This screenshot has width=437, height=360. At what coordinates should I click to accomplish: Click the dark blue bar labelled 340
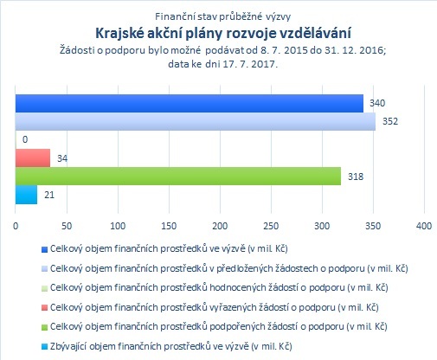tap(190, 103)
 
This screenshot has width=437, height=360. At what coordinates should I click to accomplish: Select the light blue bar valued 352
tap(196, 121)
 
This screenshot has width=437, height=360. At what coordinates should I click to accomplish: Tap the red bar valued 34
tap(33, 158)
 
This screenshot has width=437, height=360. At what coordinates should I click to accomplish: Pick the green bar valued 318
tap(178, 177)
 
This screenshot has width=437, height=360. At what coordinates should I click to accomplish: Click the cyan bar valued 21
tap(26, 195)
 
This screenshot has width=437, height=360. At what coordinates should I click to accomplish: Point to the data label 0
tap(25, 139)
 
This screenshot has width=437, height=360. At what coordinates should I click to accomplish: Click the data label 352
tap(390, 121)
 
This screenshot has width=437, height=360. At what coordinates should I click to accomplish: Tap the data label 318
tap(356, 177)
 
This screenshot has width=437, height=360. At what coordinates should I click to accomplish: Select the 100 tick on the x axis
tap(118, 226)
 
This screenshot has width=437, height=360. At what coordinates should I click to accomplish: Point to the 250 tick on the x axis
tap(271, 226)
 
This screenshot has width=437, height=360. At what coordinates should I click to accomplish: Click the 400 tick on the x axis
tap(424, 226)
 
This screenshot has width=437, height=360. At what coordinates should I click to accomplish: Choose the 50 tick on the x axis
tap(67, 226)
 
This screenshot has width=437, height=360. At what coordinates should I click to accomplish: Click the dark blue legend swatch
tap(44, 249)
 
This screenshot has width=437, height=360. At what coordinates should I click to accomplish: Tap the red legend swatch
tap(44, 308)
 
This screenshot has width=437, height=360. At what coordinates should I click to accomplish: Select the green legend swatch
tap(44, 327)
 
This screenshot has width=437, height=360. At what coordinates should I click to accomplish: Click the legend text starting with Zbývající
tap(171, 346)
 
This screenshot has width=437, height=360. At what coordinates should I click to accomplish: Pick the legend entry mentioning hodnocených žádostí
tap(219, 288)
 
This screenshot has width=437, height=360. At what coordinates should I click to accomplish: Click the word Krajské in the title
tap(119, 33)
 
